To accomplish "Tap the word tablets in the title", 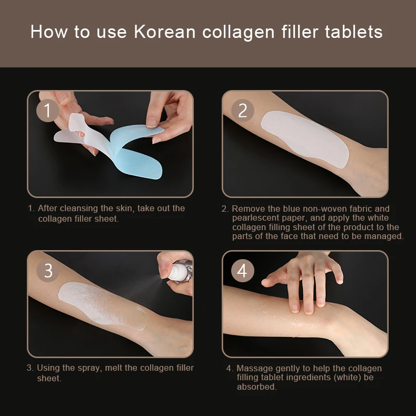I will [353, 32].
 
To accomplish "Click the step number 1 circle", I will [48, 111].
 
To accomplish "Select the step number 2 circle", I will [242, 111].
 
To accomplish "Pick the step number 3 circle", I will [48, 271].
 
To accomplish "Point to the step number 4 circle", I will [242, 271].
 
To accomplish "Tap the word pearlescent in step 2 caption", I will [255, 217].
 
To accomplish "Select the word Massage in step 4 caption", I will [253, 369].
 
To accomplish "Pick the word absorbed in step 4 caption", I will [256, 387].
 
